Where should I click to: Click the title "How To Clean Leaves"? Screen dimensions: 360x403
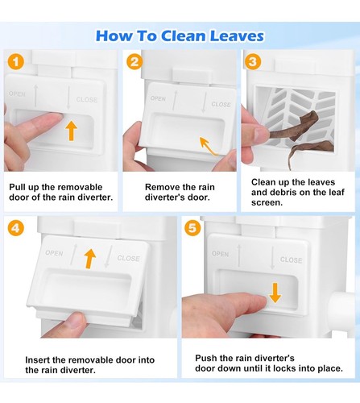(180, 35)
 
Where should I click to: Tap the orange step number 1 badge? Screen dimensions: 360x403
(16, 62)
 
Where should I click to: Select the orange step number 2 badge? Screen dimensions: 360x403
(134, 62)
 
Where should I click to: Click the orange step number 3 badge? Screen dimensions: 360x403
(252, 62)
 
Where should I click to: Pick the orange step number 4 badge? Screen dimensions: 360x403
(16, 228)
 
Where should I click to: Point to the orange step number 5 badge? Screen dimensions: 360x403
(192, 228)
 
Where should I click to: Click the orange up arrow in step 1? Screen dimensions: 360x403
(71, 131)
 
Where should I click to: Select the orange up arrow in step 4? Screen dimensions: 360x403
(90, 259)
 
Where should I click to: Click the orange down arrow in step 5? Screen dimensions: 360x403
(275, 293)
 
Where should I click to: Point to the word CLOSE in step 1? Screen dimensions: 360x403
(86, 100)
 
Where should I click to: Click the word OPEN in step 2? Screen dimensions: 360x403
(158, 98)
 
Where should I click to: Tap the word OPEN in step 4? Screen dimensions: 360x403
(54, 253)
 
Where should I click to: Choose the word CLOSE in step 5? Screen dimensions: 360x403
(291, 260)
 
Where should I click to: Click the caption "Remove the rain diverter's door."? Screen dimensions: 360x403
(180, 192)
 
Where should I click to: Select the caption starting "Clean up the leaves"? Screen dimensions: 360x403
(297, 192)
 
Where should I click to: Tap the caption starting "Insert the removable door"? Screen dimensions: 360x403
(89, 365)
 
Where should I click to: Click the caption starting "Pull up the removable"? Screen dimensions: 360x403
(61, 192)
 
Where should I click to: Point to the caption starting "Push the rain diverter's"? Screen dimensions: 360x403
(269, 363)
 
